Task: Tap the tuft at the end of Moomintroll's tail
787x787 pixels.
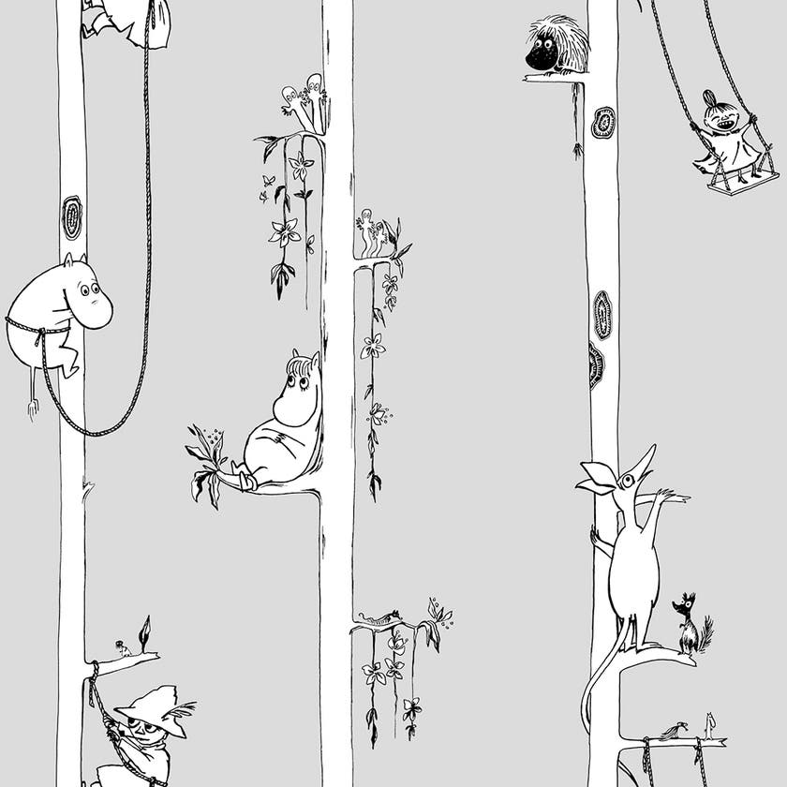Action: (x=31, y=409)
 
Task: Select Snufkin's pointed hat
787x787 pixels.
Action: (x=149, y=702)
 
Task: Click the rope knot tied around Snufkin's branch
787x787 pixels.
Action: (x=94, y=670)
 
